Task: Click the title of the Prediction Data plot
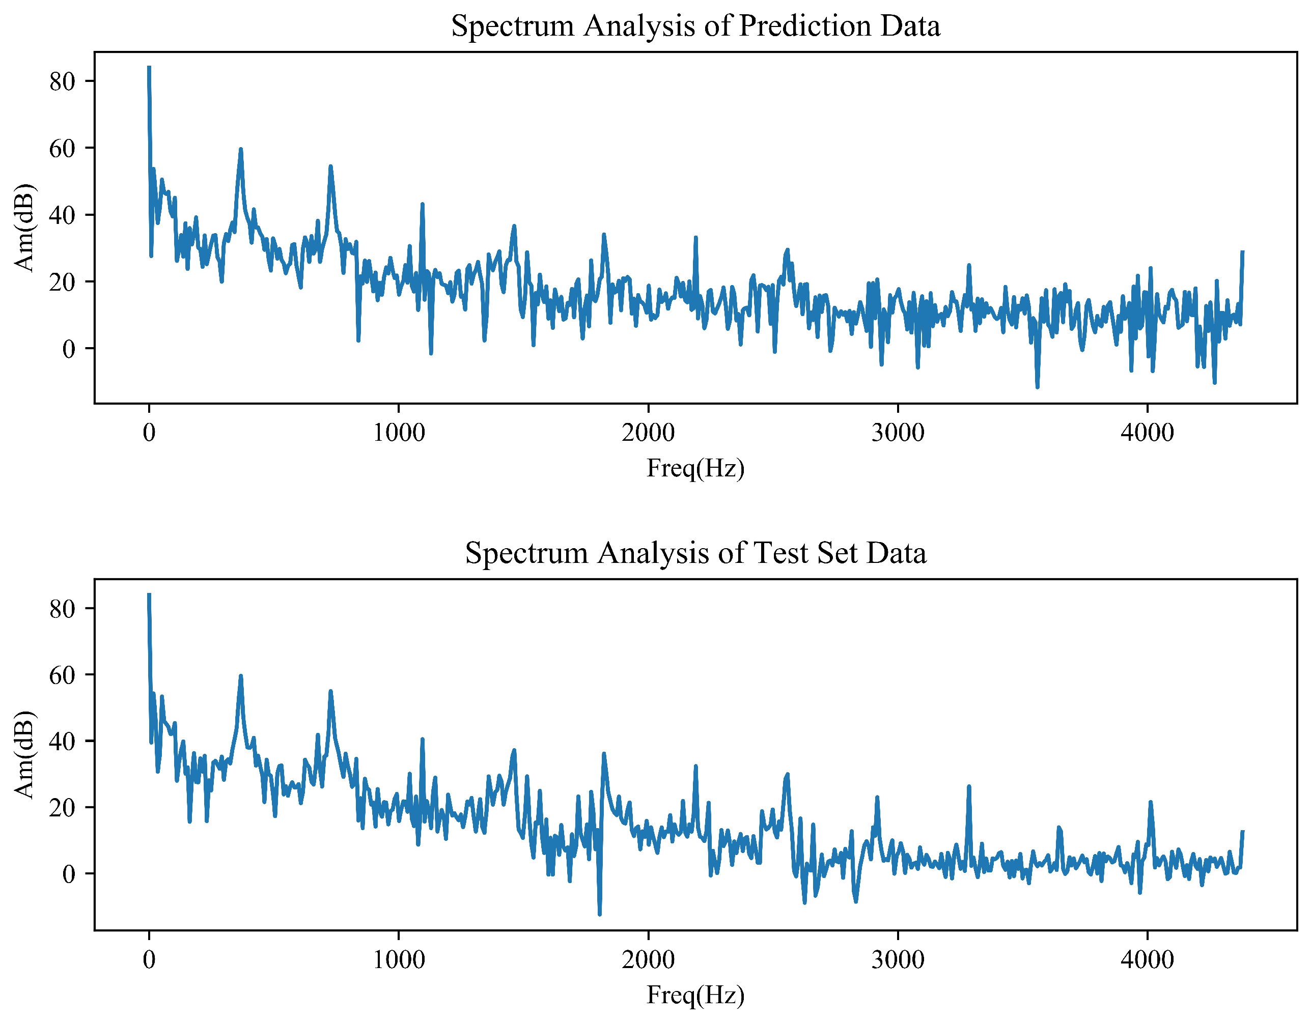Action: (695, 26)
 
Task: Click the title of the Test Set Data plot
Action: (695, 553)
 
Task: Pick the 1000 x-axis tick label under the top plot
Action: (399, 433)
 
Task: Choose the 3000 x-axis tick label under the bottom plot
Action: (898, 960)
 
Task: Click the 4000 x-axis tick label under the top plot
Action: (1147, 433)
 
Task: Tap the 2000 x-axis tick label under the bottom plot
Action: (648, 960)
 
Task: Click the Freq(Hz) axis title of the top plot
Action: (695, 468)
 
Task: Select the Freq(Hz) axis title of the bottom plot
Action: (695, 995)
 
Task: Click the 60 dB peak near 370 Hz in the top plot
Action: (241, 150)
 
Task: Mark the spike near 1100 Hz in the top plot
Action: (423, 205)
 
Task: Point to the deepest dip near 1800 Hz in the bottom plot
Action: (600, 914)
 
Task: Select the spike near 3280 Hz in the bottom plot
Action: (969, 787)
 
